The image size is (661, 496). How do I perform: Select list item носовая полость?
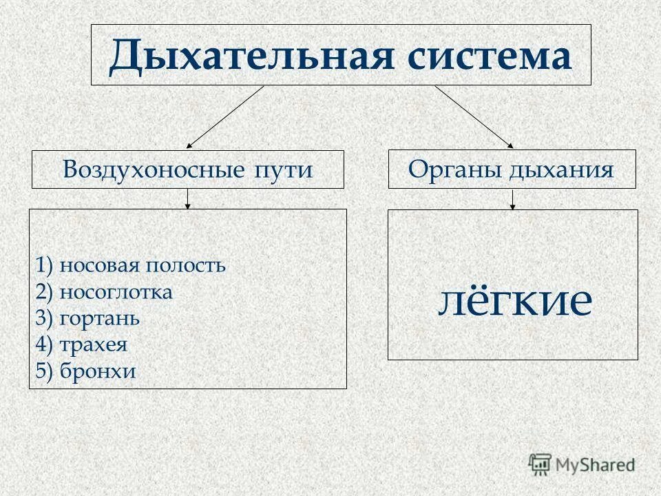tap(142, 265)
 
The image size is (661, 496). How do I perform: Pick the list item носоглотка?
tap(116, 292)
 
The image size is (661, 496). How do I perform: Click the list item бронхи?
tap(97, 371)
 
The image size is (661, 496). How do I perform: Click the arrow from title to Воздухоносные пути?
tap(225, 117)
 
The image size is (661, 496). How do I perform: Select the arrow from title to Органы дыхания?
tap(474, 117)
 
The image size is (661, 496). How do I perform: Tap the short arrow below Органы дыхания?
tap(512, 199)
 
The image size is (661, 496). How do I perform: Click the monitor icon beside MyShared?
tap(541, 464)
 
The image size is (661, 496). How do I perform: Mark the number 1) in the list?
tap(45, 265)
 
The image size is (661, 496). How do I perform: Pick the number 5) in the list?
tap(45, 371)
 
